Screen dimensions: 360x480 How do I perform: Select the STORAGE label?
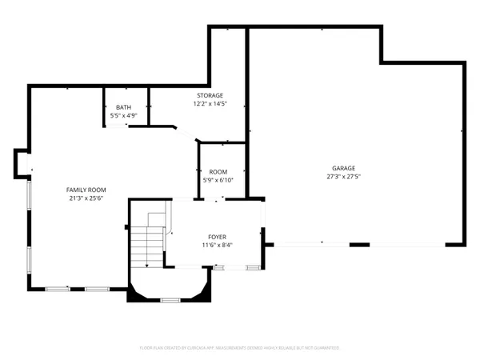(x=210, y=95)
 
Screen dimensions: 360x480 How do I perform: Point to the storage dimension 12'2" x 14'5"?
(x=210, y=103)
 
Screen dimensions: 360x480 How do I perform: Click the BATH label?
(x=123, y=107)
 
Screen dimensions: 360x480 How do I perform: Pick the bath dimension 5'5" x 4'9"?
(x=123, y=115)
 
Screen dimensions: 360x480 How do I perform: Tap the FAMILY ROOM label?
(x=86, y=190)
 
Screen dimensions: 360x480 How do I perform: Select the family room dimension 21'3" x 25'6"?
(x=86, y=198)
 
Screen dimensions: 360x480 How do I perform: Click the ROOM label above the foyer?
(x=218, y=172)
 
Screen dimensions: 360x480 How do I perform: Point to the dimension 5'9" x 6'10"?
(x=218, y=180)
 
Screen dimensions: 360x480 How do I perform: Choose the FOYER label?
(x=217, y=237)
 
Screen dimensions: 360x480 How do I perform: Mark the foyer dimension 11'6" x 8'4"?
(x=217, y=245)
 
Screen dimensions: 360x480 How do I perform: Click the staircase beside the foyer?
(x=149, y=244)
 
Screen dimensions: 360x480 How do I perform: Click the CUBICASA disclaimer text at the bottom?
(x=240, y=348)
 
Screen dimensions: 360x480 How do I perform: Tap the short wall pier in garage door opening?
(x=360, y=244)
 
